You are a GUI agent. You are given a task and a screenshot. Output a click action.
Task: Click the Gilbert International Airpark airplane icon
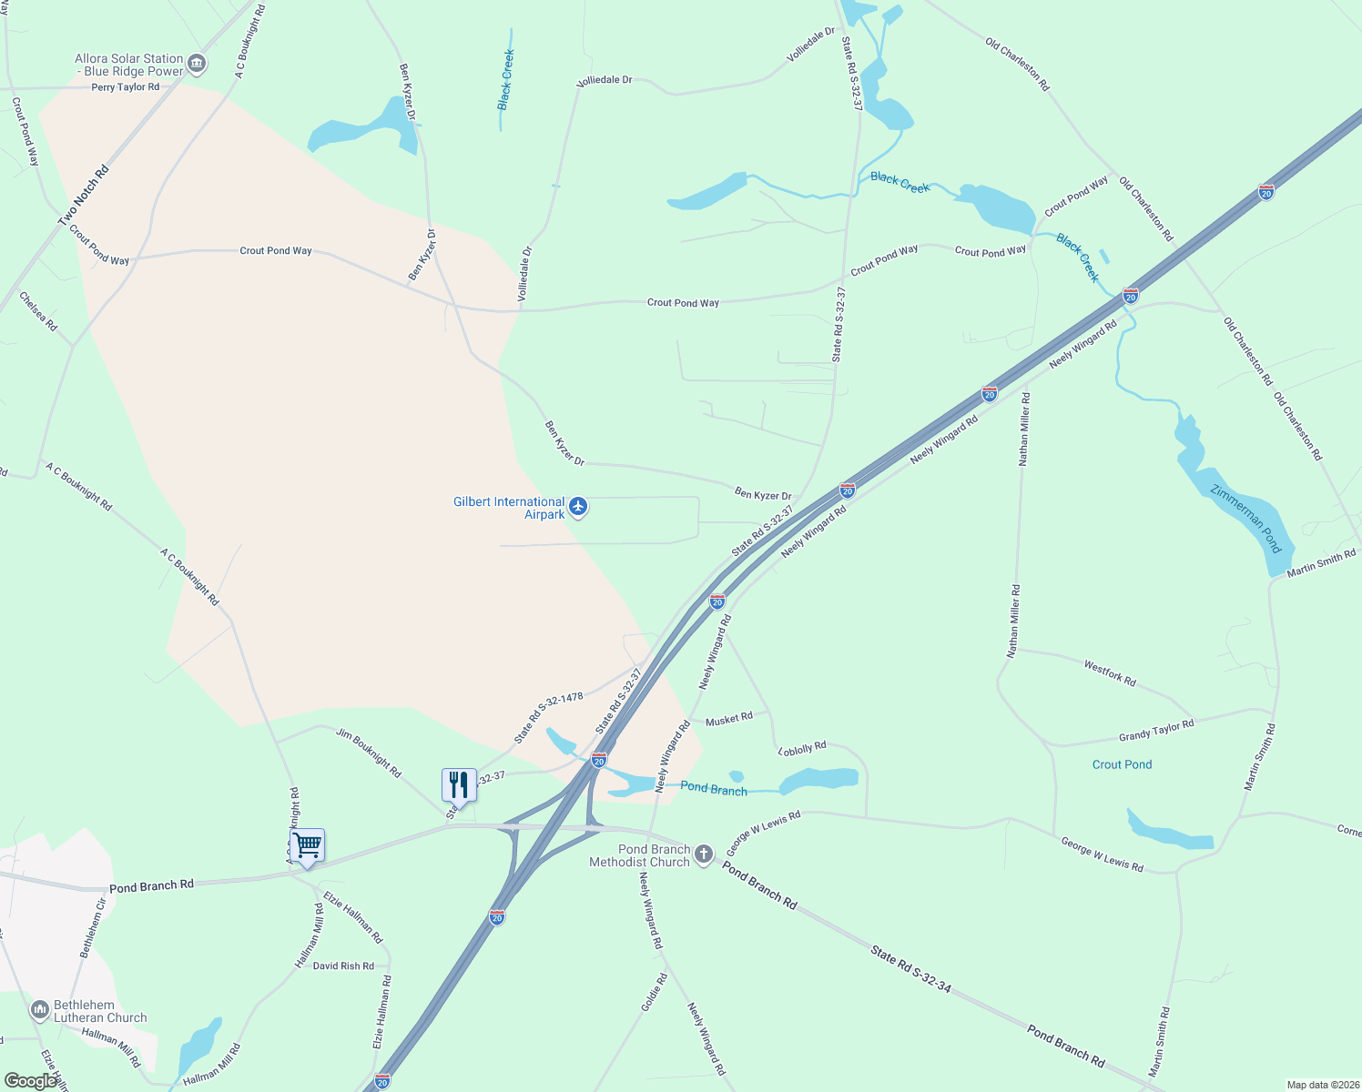577,507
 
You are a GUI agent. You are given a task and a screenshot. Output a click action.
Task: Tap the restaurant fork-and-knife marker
459,784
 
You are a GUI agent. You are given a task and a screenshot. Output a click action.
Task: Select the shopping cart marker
308,845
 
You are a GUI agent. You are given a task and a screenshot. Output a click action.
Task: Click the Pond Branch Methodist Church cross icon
703,854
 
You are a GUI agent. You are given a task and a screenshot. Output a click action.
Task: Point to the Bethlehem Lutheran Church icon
39,1010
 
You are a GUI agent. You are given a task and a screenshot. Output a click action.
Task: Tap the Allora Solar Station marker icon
197,64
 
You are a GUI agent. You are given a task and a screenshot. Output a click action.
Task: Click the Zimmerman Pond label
1245,519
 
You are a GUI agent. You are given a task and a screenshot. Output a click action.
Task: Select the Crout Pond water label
1122,764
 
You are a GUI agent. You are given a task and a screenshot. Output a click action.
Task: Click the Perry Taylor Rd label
125,87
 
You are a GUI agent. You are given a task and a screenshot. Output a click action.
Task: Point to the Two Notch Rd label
83,196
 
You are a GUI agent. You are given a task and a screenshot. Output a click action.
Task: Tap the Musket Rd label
729,719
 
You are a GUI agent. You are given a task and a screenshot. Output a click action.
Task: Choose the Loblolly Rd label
803,748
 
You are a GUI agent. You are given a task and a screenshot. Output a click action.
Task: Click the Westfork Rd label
1110,673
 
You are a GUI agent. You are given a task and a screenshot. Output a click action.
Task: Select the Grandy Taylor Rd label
1156,731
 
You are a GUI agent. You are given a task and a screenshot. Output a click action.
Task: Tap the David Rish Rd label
343,966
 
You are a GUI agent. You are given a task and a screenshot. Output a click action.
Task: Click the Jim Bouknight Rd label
369,753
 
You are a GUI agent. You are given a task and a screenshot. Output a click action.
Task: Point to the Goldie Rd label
654,992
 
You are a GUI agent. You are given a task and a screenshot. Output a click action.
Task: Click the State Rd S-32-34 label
910,968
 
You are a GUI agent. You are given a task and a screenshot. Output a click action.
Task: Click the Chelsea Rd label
38,311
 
